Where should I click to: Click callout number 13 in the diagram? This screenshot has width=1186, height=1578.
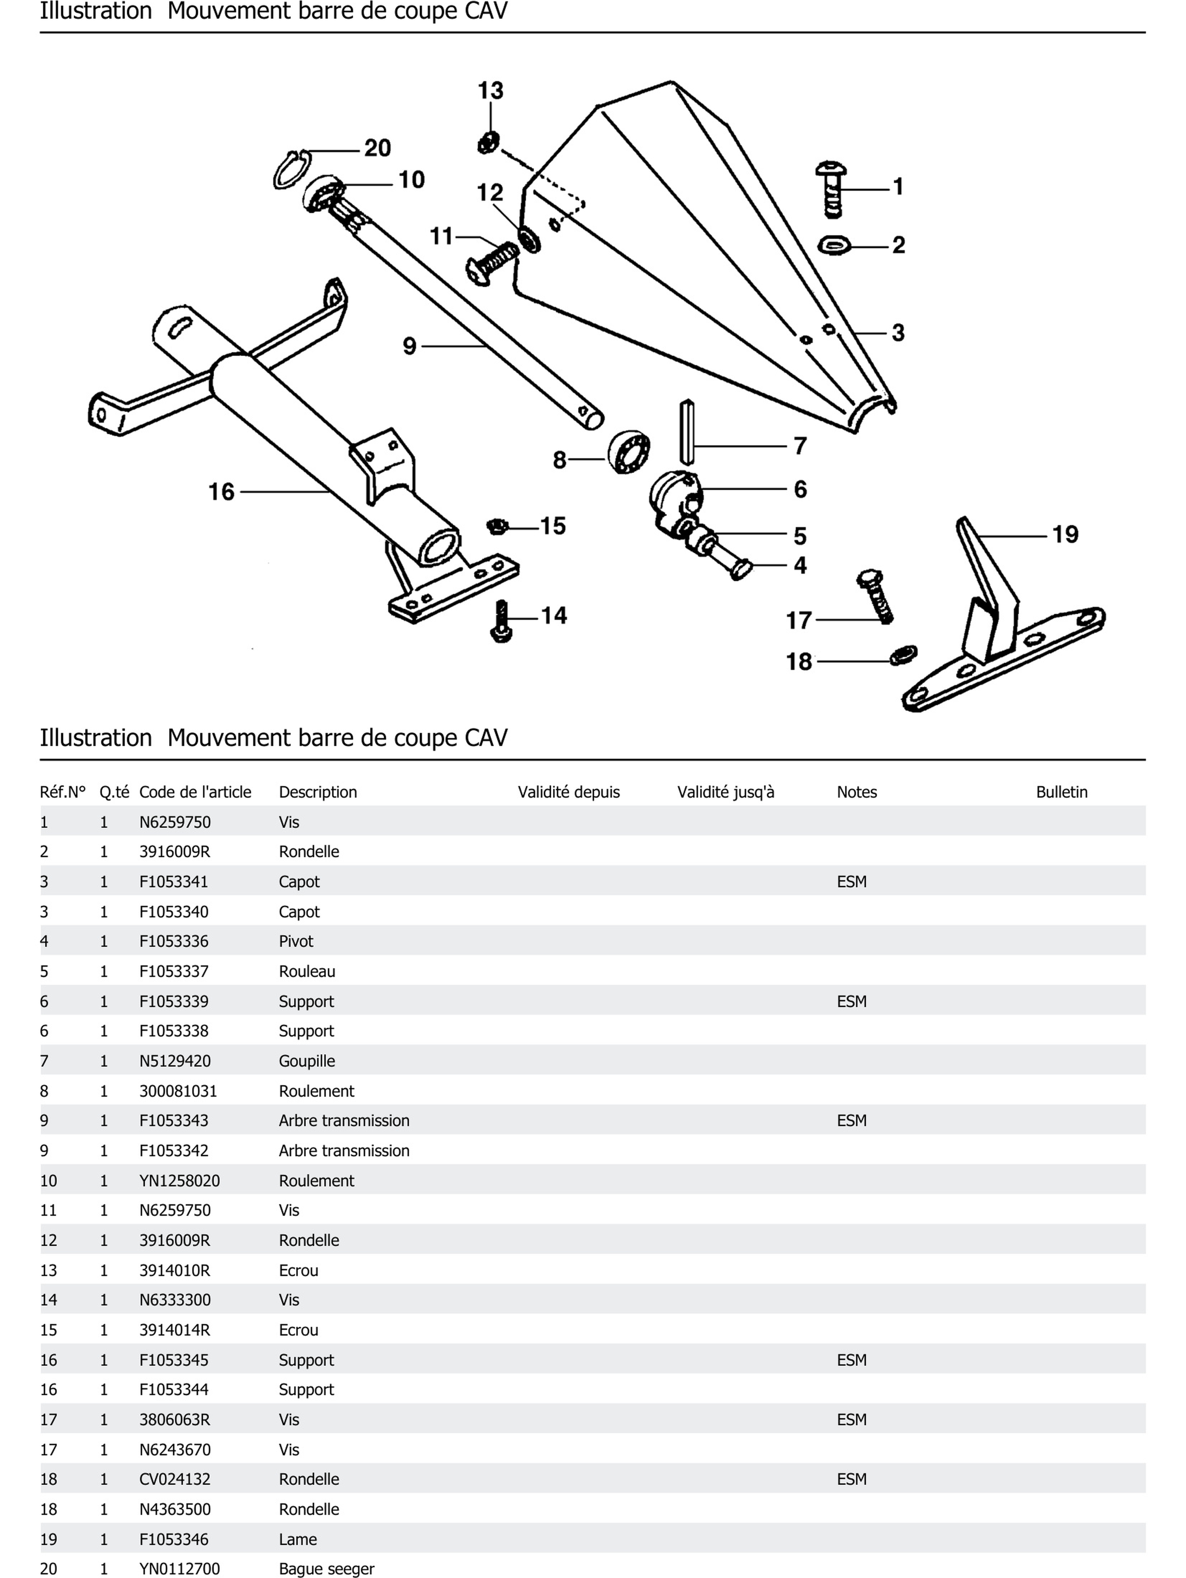pos(490,91)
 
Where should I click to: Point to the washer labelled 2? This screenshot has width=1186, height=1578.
pos(834,245)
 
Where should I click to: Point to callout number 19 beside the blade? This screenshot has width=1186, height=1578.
pos(1065,534)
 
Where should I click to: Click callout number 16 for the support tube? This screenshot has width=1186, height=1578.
pos(221,492)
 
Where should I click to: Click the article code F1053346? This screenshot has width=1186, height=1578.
pos(174,1539)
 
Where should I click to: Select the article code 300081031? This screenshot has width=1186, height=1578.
pos(178,1091)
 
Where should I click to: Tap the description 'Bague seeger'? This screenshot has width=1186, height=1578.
pos(326,1569)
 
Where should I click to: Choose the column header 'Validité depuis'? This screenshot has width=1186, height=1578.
pos(568,792)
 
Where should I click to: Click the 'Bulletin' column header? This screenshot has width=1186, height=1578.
pos(1061,792)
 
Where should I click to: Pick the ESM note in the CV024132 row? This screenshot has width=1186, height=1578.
pos(851,1479)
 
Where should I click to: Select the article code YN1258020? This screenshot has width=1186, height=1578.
pos(179,1181)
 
